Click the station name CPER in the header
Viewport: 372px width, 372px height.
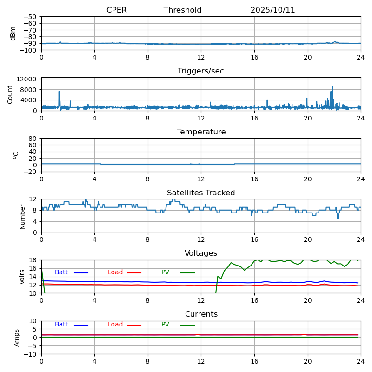(x=116, y=10)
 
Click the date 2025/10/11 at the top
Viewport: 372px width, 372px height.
(x=272, y=10)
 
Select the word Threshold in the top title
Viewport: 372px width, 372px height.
(x=182, y=10)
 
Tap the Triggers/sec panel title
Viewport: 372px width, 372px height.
(x=201, y=71)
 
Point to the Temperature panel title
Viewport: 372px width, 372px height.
(x=201, y=132)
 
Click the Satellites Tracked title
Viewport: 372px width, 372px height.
(x=201, y=193)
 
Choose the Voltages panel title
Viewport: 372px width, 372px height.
(x=201, y=253)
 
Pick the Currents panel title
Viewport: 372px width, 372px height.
(x=201, y=314)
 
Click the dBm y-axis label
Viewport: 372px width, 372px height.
(x=13, y=33)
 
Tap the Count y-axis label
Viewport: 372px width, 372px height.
(x=10, y=94)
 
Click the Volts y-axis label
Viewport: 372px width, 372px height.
(x=22, y=277)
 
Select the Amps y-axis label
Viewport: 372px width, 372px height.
(x=17, y=338)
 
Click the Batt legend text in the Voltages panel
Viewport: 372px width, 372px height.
(x=61, y=272)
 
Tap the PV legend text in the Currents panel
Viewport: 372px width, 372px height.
(x=166, y=325)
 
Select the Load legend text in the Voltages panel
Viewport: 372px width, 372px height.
(x=115, y=272)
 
